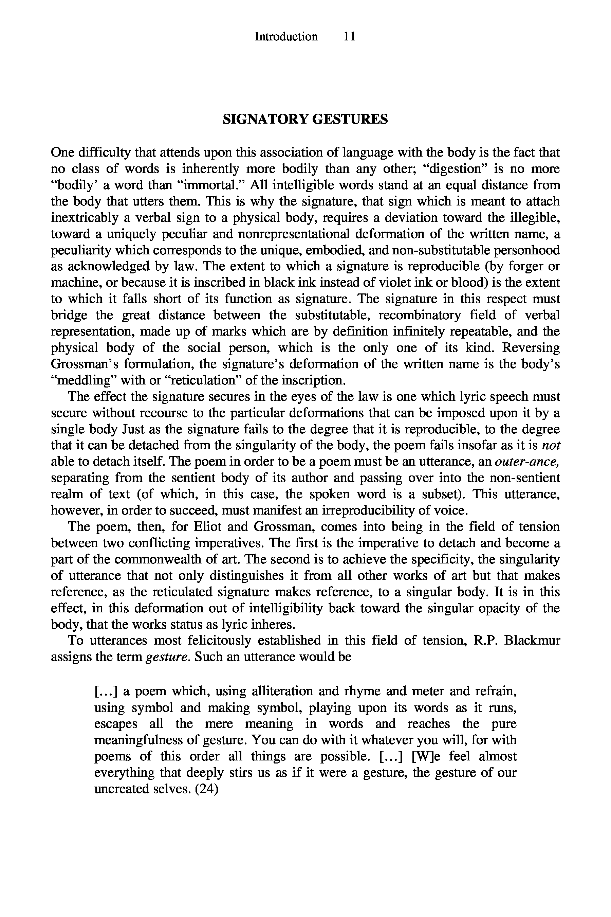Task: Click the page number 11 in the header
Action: coord(350,37)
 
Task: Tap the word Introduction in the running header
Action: coord(286,37)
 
